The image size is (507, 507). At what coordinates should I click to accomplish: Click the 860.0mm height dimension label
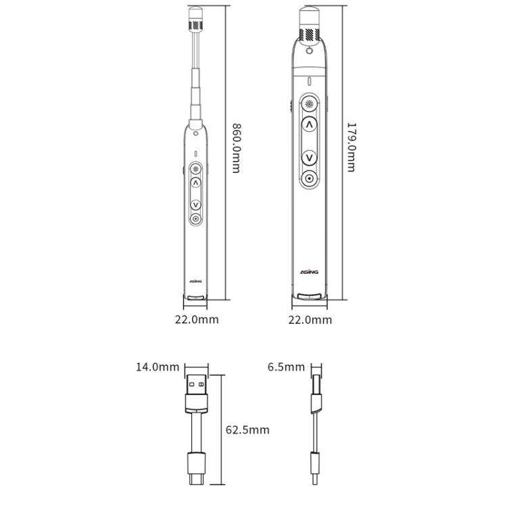pos(237,148)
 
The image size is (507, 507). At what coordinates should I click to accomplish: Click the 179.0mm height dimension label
pos(351,147)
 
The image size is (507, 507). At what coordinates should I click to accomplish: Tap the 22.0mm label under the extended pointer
pos(197,320)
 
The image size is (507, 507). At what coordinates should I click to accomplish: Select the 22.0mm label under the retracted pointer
pos(310,320)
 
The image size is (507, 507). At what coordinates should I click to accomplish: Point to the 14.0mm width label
pos(158,367)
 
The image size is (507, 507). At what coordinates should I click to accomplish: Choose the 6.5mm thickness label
pos(286,367)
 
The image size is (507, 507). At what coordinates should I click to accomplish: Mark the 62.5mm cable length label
pos(247,430)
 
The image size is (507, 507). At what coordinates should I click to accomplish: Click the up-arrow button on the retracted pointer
pos(310,124)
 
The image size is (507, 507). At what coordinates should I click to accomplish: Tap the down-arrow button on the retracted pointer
pos(310,158)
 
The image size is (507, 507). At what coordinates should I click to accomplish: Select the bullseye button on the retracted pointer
pos(310,178)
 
